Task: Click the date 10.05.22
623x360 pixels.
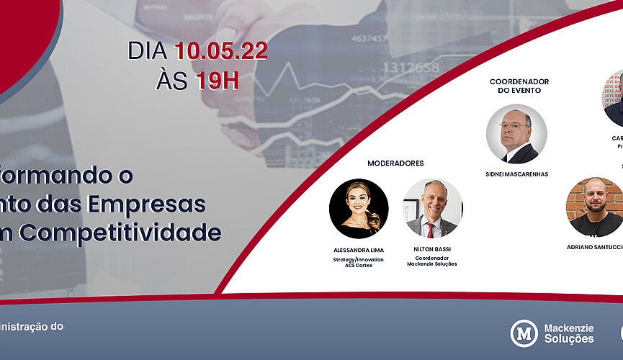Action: (220, 50)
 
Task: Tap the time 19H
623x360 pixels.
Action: (217, 81)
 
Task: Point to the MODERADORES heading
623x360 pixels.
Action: (395, 163)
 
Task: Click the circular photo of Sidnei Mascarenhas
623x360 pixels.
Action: (516, 134)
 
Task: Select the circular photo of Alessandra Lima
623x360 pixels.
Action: (359, 209)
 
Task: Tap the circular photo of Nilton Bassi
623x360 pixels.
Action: (432, 209)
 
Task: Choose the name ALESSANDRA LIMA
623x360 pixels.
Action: (358, 250)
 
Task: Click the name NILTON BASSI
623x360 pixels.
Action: (431, 250)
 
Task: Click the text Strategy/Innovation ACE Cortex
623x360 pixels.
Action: (358, 262)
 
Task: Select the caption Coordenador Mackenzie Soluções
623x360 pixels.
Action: (431, 261)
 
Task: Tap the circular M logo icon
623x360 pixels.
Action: (524, 333)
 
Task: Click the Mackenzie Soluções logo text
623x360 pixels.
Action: (569, 333)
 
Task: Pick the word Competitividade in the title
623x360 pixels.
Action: (149, 233)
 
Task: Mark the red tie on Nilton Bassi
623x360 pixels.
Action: (430, 230)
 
